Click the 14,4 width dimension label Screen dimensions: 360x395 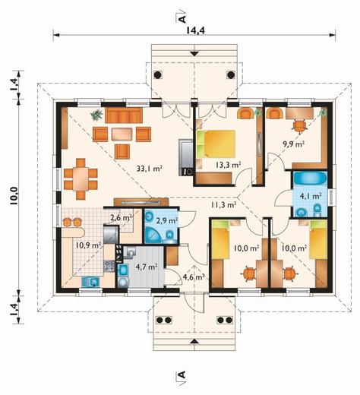pyautogui.click(x=195, y=30)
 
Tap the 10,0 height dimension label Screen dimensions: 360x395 pyautogui.click(x=14, y=196)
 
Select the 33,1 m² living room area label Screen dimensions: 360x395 pyautogui.click(x=149, y=169)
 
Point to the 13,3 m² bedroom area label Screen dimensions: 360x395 pyautogui.click(x=228, y=165)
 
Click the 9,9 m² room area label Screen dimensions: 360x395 pyautogui.click(x=293, y=144)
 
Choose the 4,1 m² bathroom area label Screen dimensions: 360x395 pyautogui.click(x=311, y=196)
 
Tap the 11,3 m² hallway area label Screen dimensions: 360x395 pyautogui.click(x=224, y=204)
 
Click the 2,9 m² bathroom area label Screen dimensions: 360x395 pyautogui.click(x=167, y=220)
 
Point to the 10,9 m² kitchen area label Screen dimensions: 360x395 pyautogui.click(x=89, y=245)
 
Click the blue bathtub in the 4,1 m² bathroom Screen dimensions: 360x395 pyautogui.click(x=310, y=179)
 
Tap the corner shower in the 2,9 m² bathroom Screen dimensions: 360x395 pyautogui.click(x=153, y=235)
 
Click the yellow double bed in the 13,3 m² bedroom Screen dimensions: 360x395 pyautogui.click(x=216, y=144)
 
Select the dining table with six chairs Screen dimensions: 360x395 pyautogui.click(x=81, y=179)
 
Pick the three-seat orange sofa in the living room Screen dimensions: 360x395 pyautogui.click(x=124, y=115)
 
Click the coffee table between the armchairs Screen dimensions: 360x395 pyautogui.click(x=122, y=134)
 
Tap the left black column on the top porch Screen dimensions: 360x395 pyautogui.click(x=157, y=75)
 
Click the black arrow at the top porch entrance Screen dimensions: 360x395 pyautogui.click(x=194, y=54)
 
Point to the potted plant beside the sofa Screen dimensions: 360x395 pyautogui.click(x=96, y=115)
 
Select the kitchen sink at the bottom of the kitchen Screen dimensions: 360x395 pyautogui.click(x=90, y=282)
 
